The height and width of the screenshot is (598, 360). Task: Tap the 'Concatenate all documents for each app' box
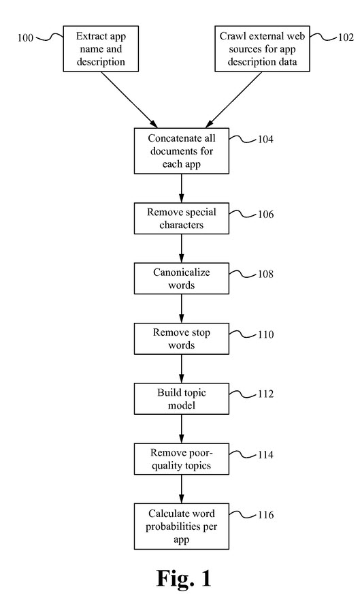(x=181, y=151)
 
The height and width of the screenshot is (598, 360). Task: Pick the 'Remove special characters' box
(x=181, y=218)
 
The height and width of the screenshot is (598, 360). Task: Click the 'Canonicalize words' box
(x=181, y=278)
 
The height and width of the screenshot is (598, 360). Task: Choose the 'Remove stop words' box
(x=181, y=339)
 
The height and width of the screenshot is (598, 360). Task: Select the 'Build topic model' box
(x=181, y=399)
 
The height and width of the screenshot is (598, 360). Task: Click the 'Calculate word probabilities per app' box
(x=181, y=525)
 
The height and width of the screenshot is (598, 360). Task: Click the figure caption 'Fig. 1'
(x=184, y=578)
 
